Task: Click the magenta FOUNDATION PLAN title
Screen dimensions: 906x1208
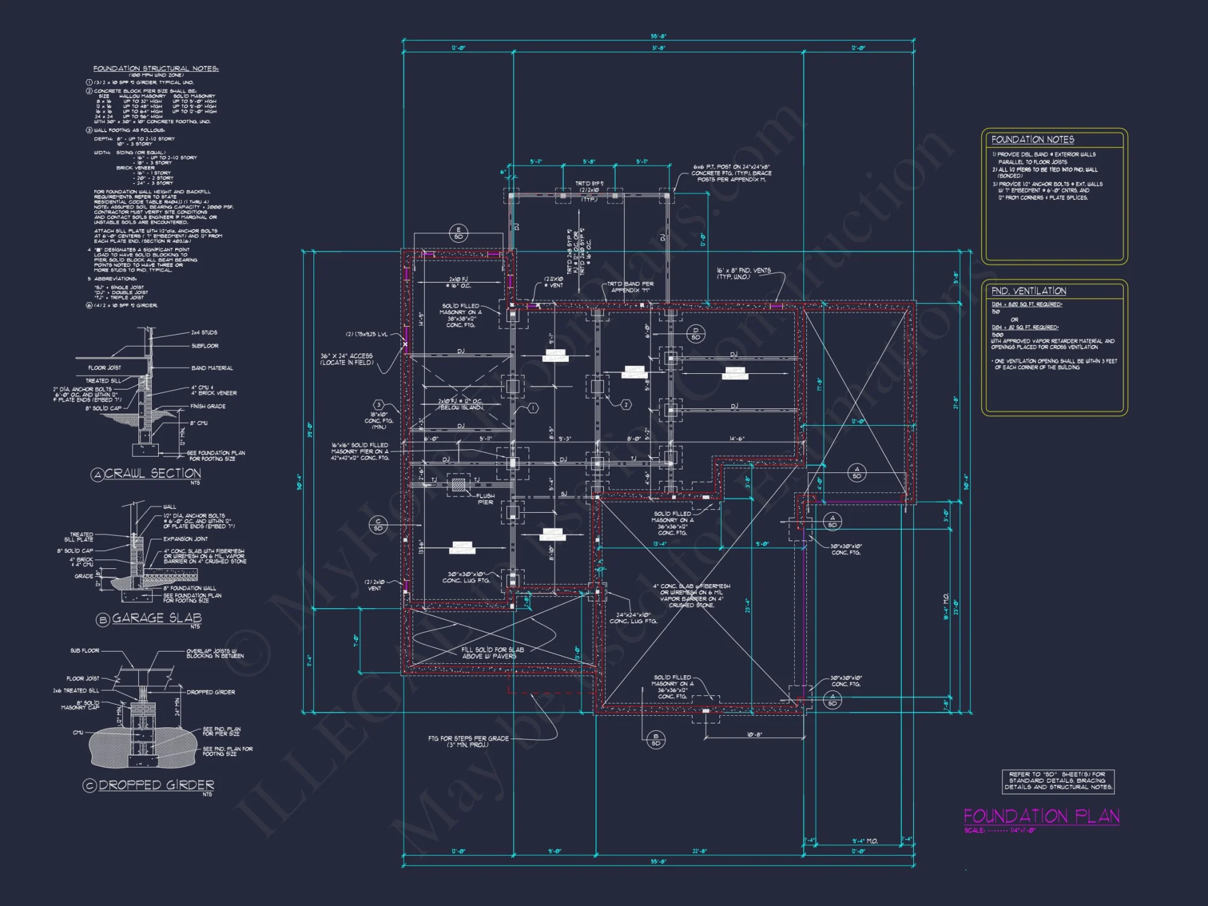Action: (1041, 817)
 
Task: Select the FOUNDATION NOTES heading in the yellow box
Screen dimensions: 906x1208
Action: (1033, 140)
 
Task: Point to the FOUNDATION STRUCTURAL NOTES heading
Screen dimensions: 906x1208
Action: (156, 69)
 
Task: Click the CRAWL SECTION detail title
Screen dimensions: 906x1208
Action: (153, 474)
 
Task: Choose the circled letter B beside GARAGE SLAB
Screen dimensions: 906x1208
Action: (103, 620)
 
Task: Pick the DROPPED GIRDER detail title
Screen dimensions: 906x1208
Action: (156, 785)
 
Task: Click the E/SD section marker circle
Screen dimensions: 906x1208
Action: (458, 233)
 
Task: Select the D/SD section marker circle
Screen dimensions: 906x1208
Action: (696, 333)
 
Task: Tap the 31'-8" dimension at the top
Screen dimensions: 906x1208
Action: (658, 48)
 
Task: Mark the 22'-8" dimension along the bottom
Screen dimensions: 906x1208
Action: (699, 851)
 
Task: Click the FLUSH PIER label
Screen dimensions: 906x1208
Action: (486, 499)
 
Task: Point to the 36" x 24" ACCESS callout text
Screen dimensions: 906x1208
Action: (347, 359)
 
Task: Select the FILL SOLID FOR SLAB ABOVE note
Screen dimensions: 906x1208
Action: (492, 653)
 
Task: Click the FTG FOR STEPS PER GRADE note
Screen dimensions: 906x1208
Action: (468, 742)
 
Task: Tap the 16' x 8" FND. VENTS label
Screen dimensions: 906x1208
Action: (744, 274)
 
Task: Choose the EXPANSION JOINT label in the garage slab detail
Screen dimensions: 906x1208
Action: (185, 539)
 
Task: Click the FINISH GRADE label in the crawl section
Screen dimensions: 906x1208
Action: (208, 406)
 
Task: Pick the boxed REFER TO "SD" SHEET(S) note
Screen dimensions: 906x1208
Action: (1058, 781)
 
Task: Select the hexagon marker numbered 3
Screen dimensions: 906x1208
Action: (379, 405)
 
